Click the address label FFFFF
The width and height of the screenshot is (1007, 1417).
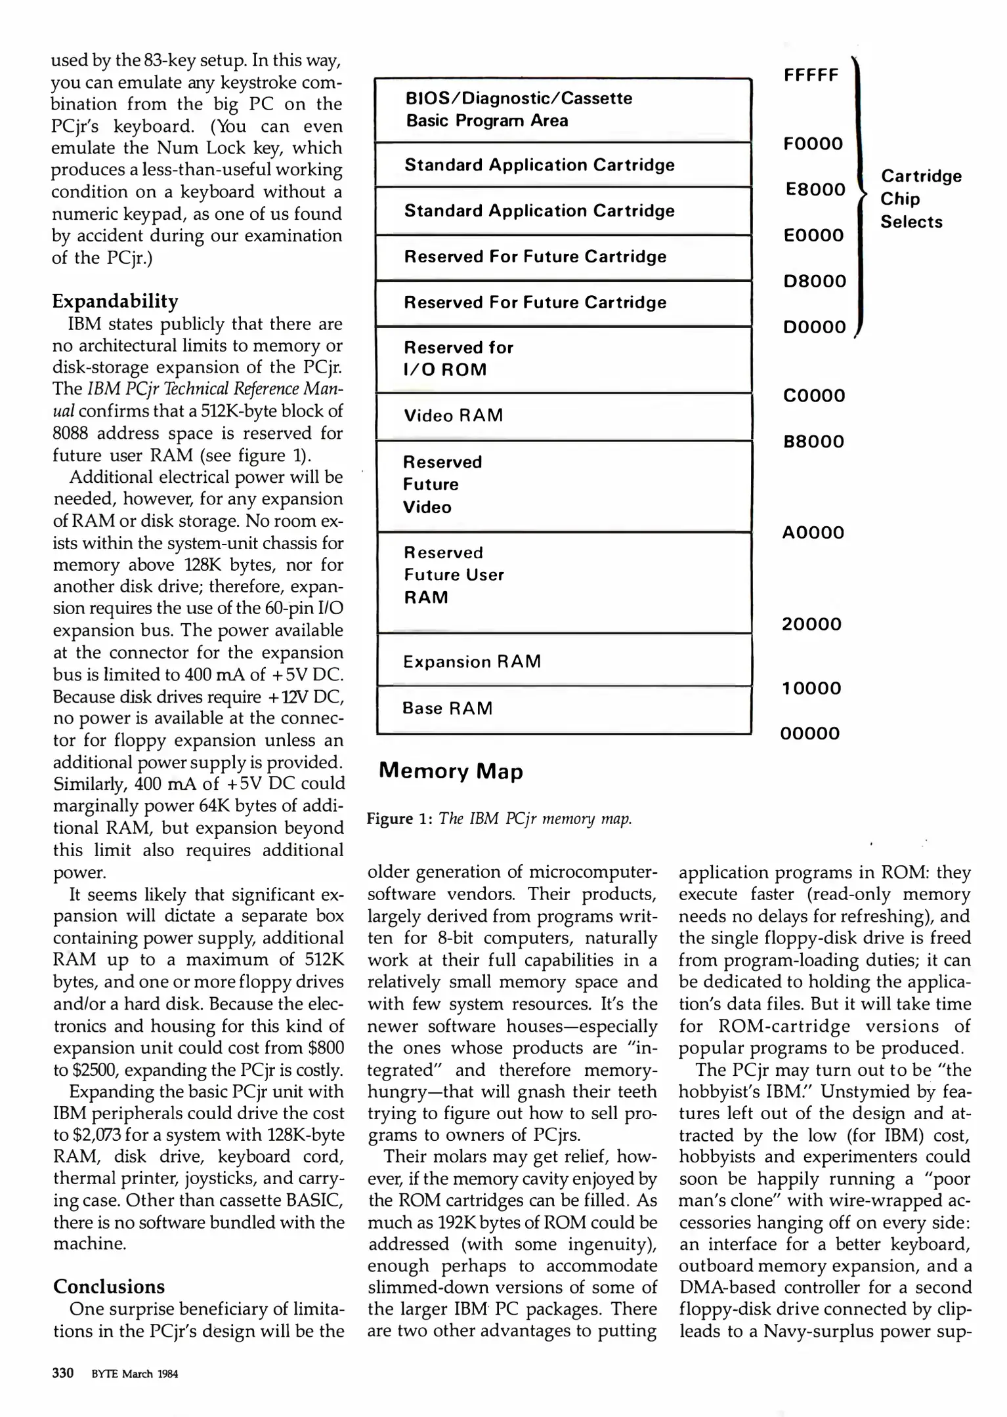tap(811, 75)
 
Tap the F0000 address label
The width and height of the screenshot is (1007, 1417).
tap(813, 144)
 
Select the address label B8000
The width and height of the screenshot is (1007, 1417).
tap(813, 442)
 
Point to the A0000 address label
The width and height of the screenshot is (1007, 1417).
tap(813, 533)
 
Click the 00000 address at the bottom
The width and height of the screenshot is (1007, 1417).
tap(809, 733)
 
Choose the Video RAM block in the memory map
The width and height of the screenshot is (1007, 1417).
tap(563, 416)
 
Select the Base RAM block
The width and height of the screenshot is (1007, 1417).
tap(563, 709)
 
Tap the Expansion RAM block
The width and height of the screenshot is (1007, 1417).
tap(563, 661)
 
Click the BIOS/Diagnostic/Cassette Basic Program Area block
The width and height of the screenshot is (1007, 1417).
tap(563, 110)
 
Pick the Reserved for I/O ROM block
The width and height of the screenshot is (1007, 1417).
tap(563, 359)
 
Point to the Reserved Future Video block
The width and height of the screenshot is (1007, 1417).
tap(563, 485)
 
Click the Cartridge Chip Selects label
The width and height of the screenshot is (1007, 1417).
tap(920, 199)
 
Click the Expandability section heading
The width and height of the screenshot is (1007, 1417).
tap(115, 301)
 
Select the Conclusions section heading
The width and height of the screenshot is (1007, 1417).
tap(109, 1286)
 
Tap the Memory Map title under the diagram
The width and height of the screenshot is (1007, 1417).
tap(450, 771)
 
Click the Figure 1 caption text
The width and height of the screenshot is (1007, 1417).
tap(499, 819)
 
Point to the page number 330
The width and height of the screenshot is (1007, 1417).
tap(63, 1373)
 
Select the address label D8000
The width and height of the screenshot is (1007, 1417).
tap(814, 281)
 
